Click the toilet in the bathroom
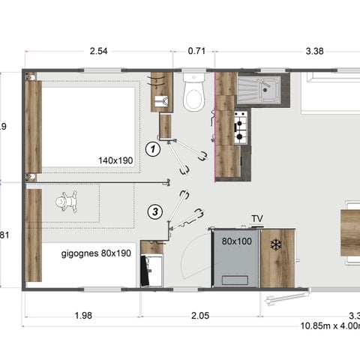(193, 94)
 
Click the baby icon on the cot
(68, 201)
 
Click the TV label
(257, 219)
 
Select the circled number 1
(152, 148)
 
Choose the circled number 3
(154, 211)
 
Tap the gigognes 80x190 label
(95, 253)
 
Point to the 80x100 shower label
(235, 241)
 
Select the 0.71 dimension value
(196, 52)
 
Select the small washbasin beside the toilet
(160, 100)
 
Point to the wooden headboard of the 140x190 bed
(33, 126)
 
